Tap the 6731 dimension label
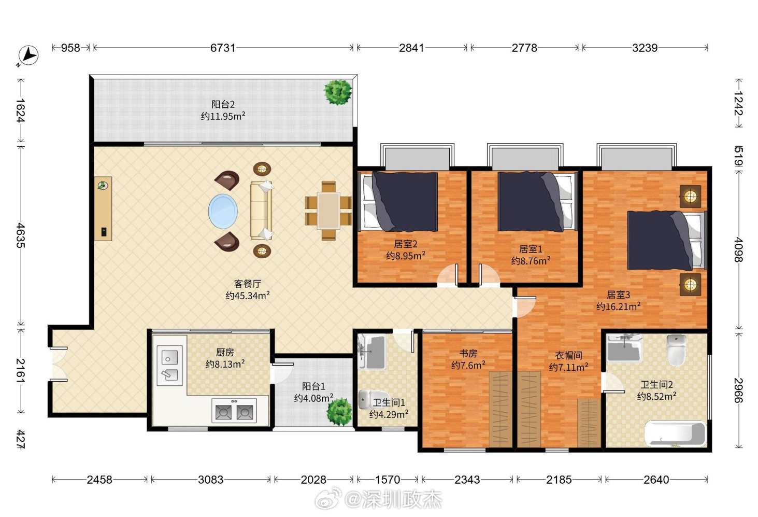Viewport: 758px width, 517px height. (x=223, y=48)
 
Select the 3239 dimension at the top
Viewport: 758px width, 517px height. (x=645, y=48)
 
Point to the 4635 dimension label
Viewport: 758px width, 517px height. (x=21, y=235)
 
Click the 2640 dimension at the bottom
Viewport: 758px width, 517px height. (x=656, y=480)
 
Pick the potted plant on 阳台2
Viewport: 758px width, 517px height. (x=338, y=92)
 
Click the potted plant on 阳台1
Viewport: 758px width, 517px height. (x=339, y=411)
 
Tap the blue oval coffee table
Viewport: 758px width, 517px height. (x=223, y=211)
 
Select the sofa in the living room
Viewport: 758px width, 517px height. (x=262, y=210)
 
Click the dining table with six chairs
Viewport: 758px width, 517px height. (x=328, y=211)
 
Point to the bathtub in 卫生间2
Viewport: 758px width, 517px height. (x=675, y=433)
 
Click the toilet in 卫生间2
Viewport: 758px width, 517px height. (x=676, y=351)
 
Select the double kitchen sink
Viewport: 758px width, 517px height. (x=169, y=365)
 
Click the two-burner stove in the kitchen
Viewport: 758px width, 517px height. (x=234, y=410)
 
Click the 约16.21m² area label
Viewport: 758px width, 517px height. (x=618, y=306)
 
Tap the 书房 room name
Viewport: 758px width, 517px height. (x=468, y=354)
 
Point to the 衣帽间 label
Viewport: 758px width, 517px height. (x=568, y=356)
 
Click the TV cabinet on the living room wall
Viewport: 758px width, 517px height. (x=103, y=208)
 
